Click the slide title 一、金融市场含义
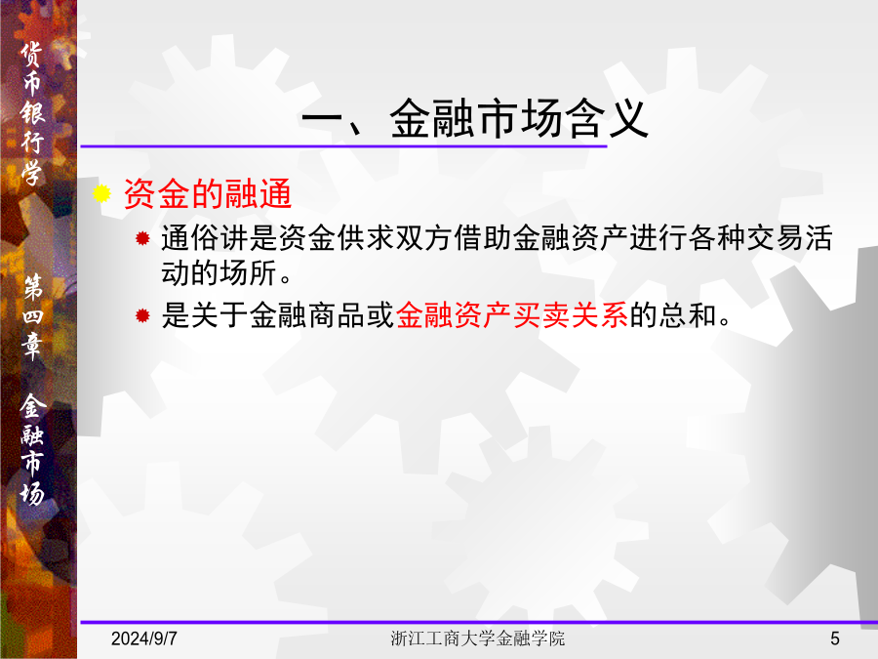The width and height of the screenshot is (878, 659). click(475, 118)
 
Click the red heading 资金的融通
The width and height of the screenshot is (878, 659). click(208, 194)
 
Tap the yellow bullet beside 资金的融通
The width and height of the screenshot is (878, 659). click(101, 193)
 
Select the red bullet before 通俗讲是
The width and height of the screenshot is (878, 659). click(142, 239)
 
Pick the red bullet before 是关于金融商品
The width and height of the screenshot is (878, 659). click(142, 315)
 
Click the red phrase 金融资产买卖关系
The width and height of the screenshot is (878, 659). click(512, 314)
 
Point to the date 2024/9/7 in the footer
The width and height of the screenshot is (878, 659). click(144, 638)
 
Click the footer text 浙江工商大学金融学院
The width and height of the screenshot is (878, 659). click(478, 638)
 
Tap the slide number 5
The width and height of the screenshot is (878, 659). click(835, 638)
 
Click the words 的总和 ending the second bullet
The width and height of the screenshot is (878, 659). click(673, 314)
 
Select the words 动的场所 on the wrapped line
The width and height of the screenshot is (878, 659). click(219, 273)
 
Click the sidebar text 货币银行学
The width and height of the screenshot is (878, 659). click(32, 114)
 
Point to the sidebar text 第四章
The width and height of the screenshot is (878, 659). click(32, 316)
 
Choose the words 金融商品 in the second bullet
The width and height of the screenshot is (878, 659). click(307, 314)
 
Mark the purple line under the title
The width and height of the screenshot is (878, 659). click(343, 146)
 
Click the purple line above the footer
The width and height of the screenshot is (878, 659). click(479, 622)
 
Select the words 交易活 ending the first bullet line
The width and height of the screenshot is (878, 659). click(789, 237)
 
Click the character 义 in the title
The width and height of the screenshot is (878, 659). click(628, 118)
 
